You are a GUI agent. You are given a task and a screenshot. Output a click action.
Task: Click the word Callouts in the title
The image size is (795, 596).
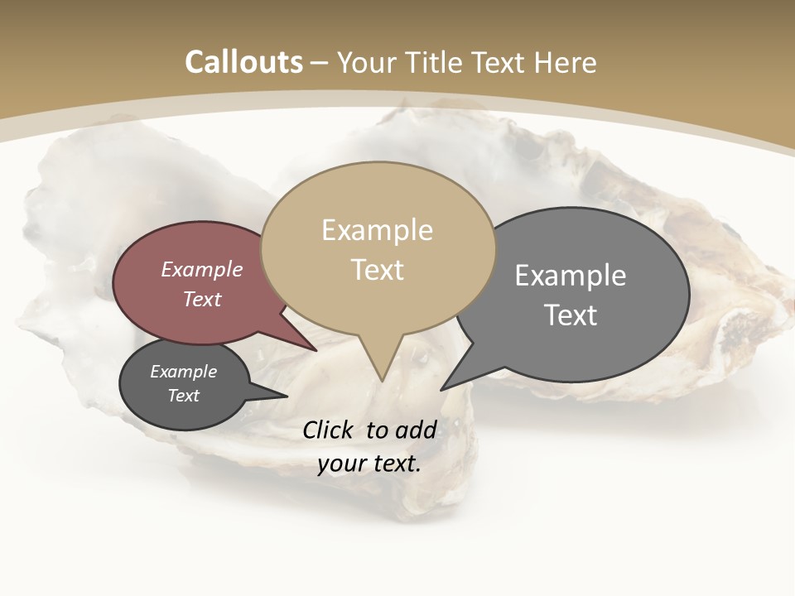point(243,63)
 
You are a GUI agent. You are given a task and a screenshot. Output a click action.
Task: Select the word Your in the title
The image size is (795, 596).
point(367,63)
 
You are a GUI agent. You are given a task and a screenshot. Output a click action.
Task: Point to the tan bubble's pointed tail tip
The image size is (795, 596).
point(382,380)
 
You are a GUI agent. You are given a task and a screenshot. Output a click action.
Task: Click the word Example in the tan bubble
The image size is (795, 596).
point(377,230)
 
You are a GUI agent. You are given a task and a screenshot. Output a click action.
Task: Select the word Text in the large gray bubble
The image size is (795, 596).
point(571,315)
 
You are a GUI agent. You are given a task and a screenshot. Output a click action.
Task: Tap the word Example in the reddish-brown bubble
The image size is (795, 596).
point(201,269)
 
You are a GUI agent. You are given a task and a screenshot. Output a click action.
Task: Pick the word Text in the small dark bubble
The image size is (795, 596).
point(183,396)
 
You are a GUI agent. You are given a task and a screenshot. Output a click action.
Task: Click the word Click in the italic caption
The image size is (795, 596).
point(328,430)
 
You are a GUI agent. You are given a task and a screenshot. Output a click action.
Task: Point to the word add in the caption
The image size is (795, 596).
point(416,430)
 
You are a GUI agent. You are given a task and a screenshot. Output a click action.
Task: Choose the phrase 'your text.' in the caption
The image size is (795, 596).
point(369,464)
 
